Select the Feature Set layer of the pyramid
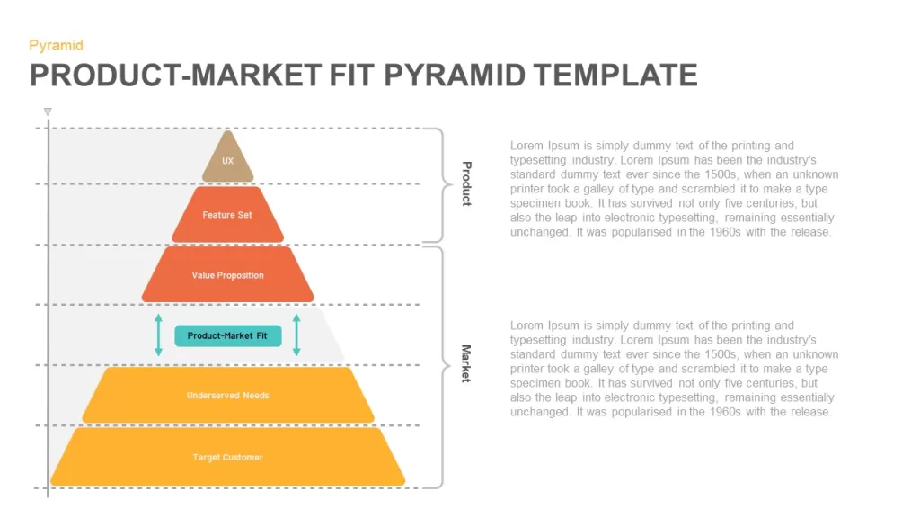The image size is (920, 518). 227,214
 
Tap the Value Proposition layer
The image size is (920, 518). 227,275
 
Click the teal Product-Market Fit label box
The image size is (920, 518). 227,336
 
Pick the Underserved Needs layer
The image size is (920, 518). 227,396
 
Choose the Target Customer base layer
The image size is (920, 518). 227,457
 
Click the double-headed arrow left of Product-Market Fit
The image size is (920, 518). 158,335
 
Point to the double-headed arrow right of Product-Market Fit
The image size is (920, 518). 296,335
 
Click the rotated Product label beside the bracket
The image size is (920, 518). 467,183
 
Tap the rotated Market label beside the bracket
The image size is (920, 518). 466,363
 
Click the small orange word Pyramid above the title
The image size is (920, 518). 57,45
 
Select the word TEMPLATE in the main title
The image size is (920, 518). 615,76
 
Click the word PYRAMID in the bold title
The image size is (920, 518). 454,76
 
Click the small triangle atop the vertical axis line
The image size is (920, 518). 48,112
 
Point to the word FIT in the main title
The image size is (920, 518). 351,76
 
